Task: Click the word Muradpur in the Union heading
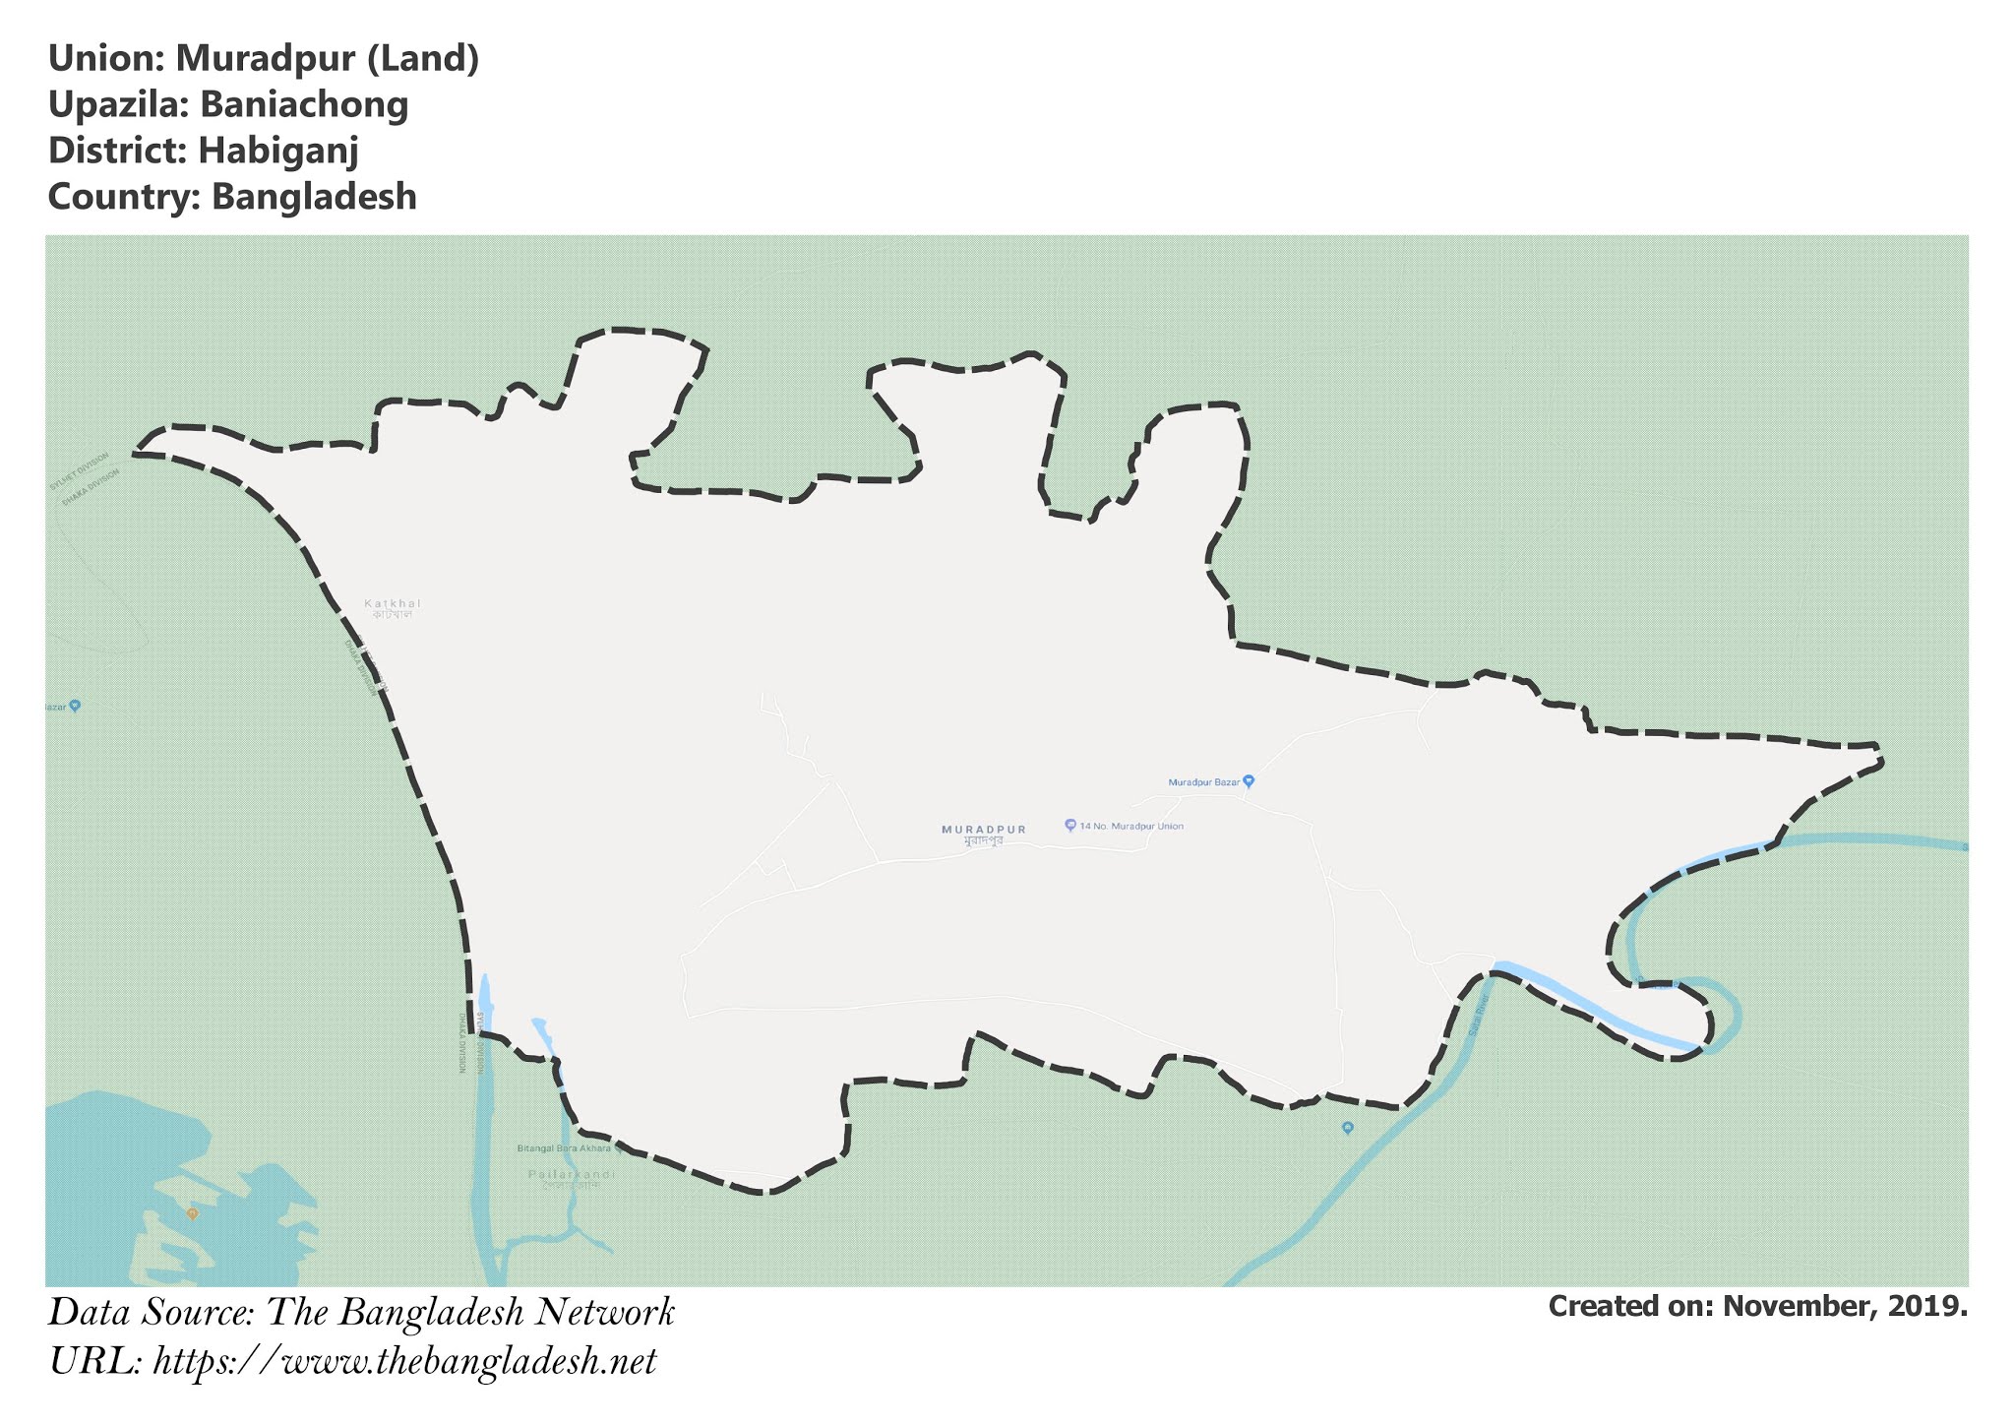(266, 59)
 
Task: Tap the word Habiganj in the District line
(278, 151)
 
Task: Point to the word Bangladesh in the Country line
(314, 197)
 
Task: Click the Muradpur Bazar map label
(1203, 782)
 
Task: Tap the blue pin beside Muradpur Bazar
(1249, 781)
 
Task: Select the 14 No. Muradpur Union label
(1131, 827)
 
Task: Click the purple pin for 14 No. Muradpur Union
(1070, 825)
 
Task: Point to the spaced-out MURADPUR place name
(984, 830)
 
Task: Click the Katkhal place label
(393, 603)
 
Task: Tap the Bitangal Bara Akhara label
(564, 1148)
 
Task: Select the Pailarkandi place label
(572, 1174)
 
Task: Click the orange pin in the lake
(193, 1213)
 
